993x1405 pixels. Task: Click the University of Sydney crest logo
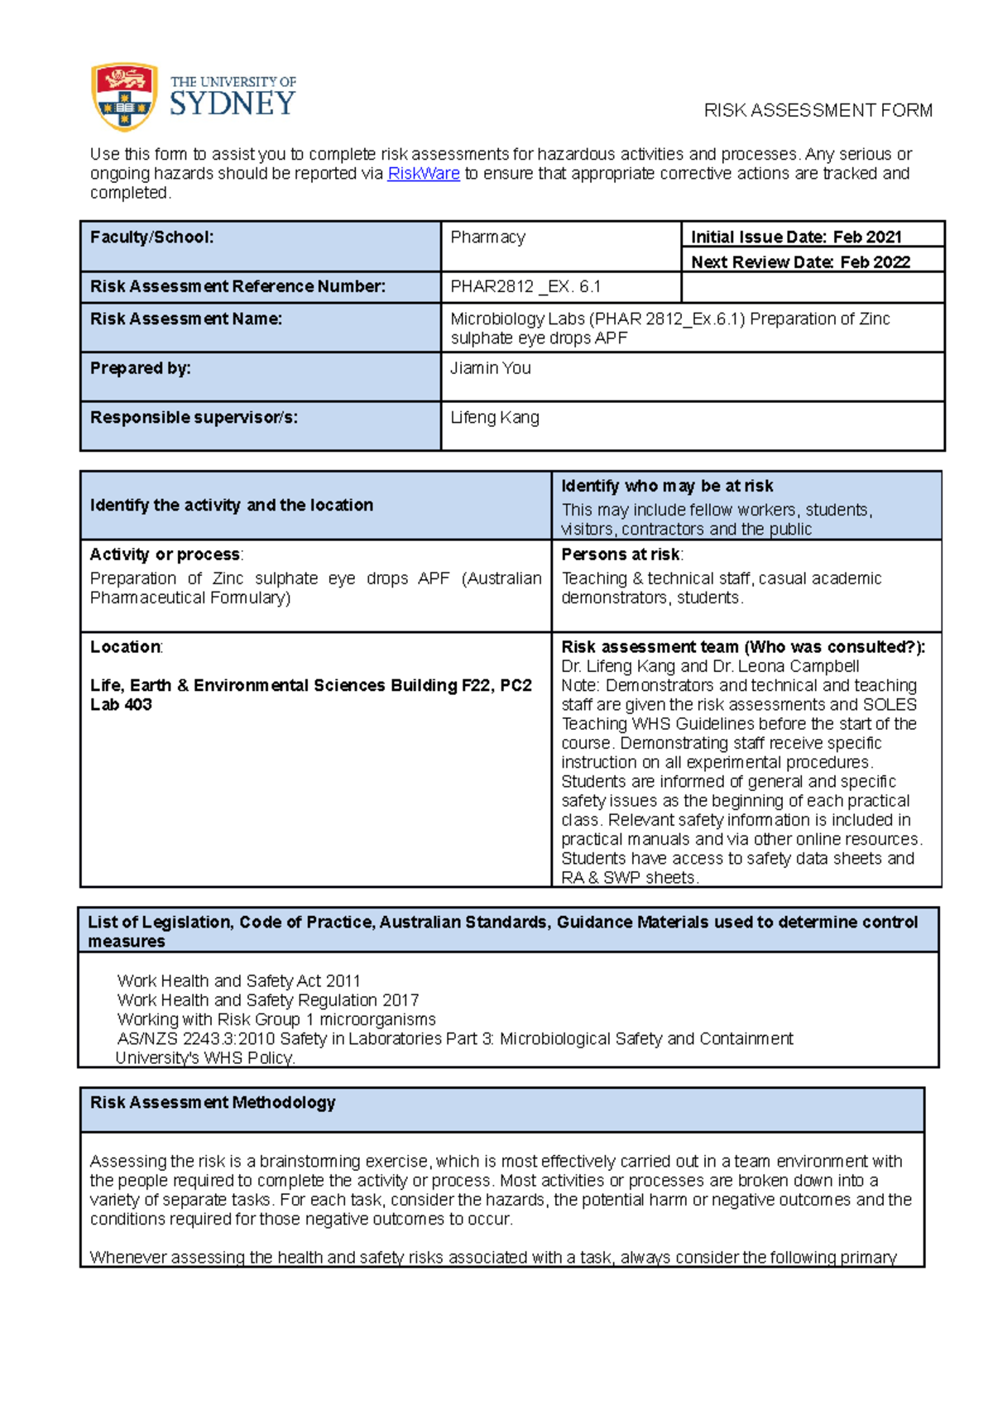point(124,97)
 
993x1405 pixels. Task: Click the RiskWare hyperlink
point(423,174)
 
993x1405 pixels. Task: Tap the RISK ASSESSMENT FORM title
point(818,111)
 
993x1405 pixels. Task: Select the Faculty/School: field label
point(152,237)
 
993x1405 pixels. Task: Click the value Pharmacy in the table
point(487,237)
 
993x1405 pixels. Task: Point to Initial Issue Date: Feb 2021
point(795,237)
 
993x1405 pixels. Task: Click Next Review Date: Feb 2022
point(800,262)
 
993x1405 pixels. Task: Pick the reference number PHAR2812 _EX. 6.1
point(525,287)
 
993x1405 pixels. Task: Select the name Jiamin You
point(490,368)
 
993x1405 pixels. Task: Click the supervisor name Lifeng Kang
point(494,418)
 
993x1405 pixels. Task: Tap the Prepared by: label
point(140,368)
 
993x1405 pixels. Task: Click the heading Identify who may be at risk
point(667,487)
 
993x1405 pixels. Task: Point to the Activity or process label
point(165,554)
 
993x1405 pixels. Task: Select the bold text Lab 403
point(121,705)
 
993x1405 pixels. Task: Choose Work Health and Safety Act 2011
point(238,981)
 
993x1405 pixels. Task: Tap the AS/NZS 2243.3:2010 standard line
point(454,1039)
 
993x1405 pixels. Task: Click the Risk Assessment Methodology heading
point(213,1103)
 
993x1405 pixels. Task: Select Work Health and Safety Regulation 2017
point(267,1000)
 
